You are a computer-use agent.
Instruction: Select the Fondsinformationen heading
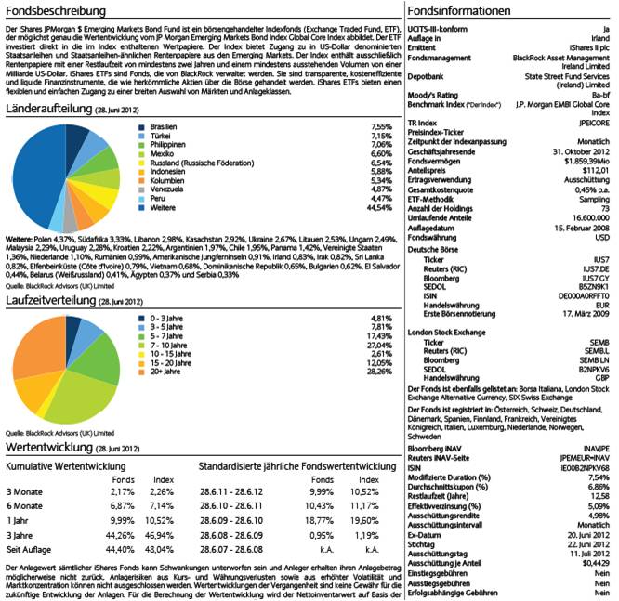[x=459, y=12]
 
